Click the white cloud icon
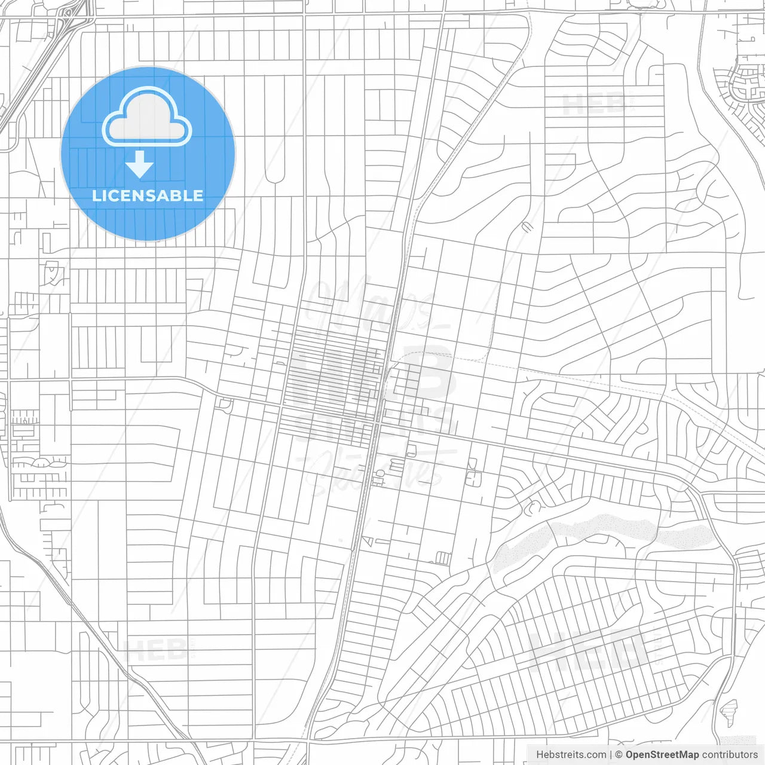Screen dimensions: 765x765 point(147,117)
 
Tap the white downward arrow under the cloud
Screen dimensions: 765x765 point(140,165)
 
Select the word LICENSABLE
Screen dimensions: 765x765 point(148,195)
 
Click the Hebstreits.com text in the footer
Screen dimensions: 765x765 point(571,755)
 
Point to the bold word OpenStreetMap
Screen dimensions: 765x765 point(662,755)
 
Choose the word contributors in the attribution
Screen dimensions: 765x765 point(730,755)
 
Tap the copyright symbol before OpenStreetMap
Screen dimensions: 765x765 point(619,755)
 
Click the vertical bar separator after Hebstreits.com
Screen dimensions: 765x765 point(610,755)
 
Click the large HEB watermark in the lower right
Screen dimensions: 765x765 point(589,648)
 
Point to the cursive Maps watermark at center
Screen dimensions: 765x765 point(371,305)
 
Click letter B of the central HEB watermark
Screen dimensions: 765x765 point(427,374)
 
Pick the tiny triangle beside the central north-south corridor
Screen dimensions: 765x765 point(366,541)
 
